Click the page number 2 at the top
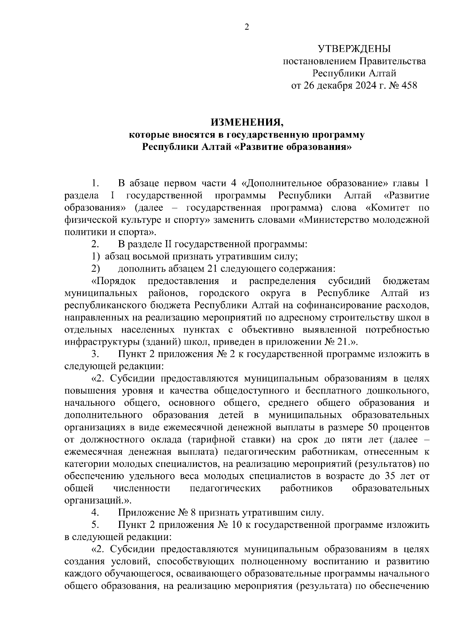pyautogui.click(x=247, y=27)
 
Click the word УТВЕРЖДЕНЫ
pyautogui.click(x=354, y=49)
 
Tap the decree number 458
pyautogui.click(x=409, y=86)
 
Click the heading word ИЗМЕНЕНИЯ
pyautogui.click(x=247, y=122)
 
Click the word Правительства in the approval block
pyautogui.click(x=393, y=61)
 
